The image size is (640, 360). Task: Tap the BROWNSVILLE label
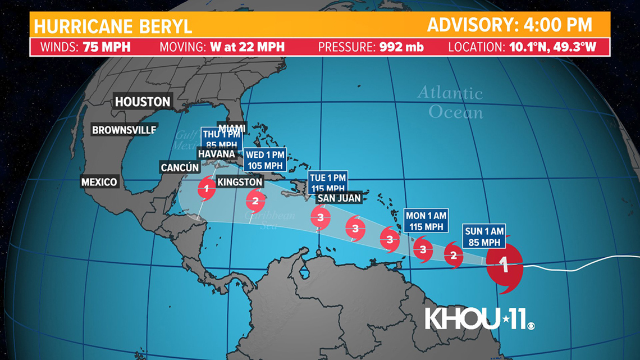pyautogui.click(x=124, y=130)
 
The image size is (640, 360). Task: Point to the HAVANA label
pyautogui.click(x=216, y=153)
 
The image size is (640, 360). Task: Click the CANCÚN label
pyautogui.click(x=180, y=167)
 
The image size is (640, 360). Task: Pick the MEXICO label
pyautogui.click(x=99, y=181)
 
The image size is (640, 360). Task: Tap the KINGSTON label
pyautogui.click(x=240, y=182)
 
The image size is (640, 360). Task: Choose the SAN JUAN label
pyautogui.click(x=339, y=198)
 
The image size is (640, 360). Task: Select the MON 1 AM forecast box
pyautogui.click(x=427, y=221)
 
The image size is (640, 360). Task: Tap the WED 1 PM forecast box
pyautogui.click(x=266, y=160)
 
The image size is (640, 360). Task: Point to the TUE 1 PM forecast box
pyautogui.click(x=327, y=182)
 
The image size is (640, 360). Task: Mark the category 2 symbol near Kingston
pyautogui.click(x=255, y=199)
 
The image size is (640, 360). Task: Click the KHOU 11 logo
pyautogui.click(x=479, y=318)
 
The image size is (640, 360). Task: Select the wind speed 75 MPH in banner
pyautogui.click(x=107, y=47)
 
